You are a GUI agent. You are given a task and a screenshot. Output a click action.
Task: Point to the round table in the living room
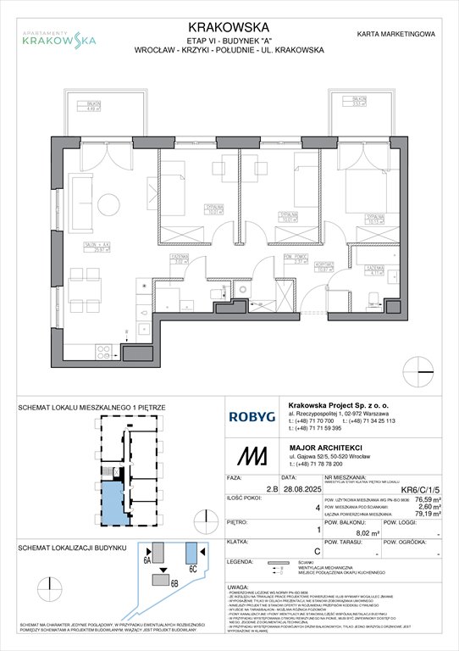pyautogui.click(x=108, y=205)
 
